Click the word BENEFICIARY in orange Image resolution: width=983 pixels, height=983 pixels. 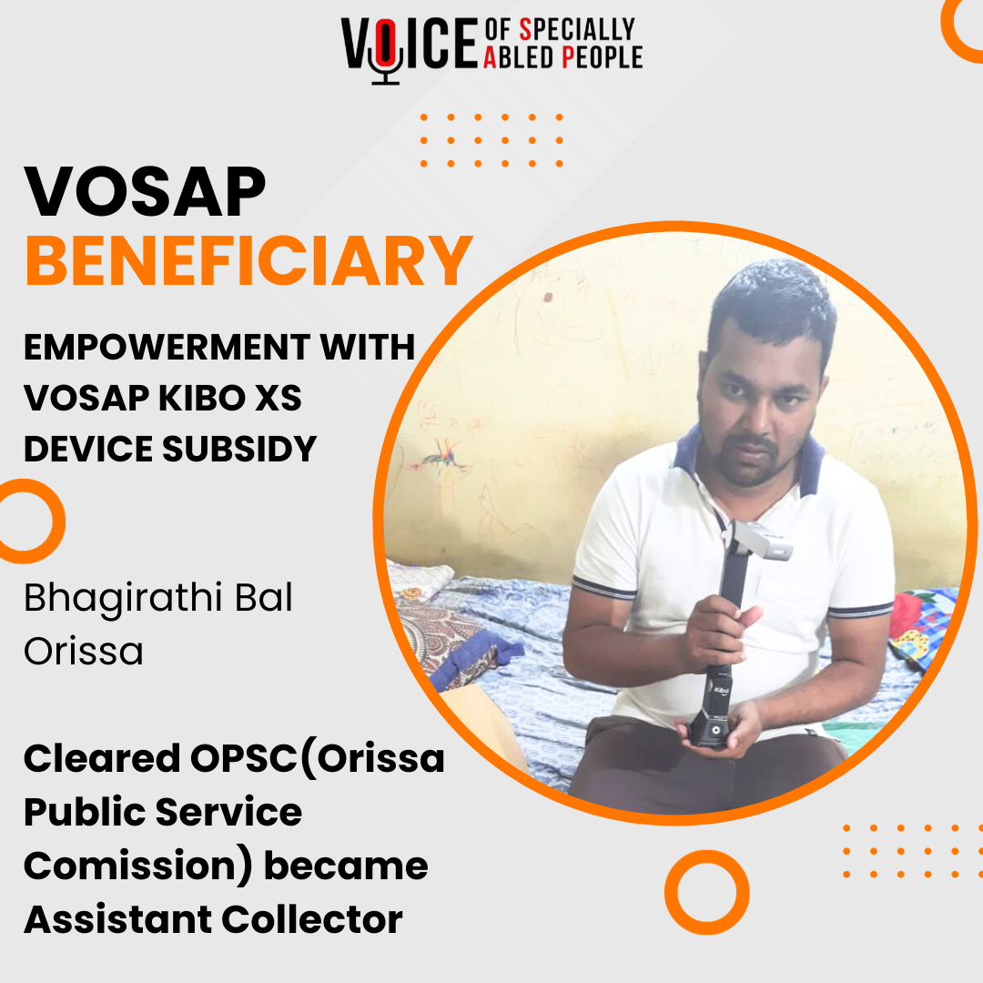[248, 260]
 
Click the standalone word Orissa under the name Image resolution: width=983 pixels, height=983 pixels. [84, 651]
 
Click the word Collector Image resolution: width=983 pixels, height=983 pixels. [312, 919]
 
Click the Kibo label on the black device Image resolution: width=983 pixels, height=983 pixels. [720, 691]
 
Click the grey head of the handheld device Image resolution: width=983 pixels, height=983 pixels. [760, 541]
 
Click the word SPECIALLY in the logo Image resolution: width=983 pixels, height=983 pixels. [574, 30]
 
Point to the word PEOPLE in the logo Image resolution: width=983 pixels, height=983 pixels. [603, 58]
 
